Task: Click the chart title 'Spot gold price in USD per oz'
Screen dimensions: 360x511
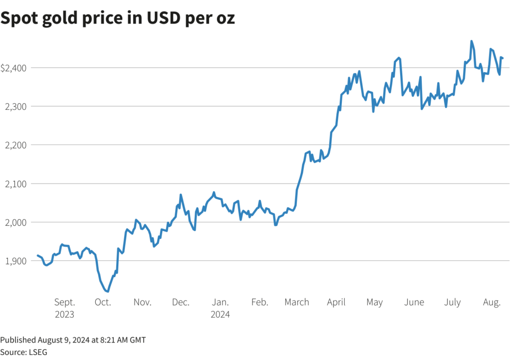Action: point(118,18)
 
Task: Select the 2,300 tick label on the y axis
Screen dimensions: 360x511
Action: point(14,106)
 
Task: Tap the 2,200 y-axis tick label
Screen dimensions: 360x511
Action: point(14,145)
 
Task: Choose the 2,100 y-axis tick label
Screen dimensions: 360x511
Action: point(14,184)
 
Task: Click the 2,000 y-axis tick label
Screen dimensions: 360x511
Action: point(14,222)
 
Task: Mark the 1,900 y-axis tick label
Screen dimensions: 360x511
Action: point(14,261)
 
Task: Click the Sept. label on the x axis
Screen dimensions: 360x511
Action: point(64,303)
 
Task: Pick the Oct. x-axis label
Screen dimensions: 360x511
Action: point(103,303)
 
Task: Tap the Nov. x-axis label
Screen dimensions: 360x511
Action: point(142,303)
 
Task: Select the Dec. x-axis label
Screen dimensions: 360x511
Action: point(181,303)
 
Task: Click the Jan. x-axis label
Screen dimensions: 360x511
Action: point(220,303)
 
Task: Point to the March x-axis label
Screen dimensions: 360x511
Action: point(297,303)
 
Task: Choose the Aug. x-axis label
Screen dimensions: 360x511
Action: point(492,303)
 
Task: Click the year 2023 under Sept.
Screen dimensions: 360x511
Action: point(64,315)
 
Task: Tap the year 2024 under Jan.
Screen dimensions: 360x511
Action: point(220,315)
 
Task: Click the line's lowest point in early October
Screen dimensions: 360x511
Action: point(108,291)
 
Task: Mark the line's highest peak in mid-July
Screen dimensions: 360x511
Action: point(472,41)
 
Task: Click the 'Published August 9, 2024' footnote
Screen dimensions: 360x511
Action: point(73,340)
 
